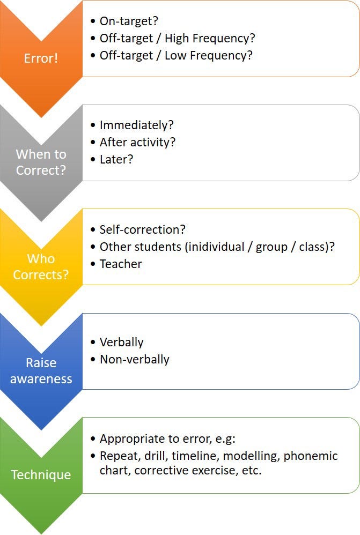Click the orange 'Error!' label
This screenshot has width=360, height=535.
(41, 58)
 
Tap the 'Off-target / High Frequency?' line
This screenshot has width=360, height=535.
(177, 38)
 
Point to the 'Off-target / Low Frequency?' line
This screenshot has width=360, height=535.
(175, 55)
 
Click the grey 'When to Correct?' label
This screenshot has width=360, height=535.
(41, 162)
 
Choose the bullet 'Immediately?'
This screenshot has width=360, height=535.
(137, 125)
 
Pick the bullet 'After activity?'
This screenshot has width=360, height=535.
(137, 142)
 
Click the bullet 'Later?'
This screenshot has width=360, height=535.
(116, 159)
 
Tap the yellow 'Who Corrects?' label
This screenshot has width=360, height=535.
(41, 267)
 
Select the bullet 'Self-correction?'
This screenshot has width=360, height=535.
(142, 229)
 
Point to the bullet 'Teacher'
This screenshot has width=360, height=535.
(121, 264)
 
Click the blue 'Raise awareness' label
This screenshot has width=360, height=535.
(41, 371)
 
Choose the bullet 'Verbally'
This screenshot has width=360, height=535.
(121, 342)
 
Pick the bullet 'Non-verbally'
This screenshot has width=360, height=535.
(134, 359)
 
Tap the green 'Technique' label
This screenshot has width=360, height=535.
(41, 475)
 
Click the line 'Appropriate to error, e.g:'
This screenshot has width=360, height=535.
(167, 439)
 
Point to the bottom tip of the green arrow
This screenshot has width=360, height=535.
(41, 533)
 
